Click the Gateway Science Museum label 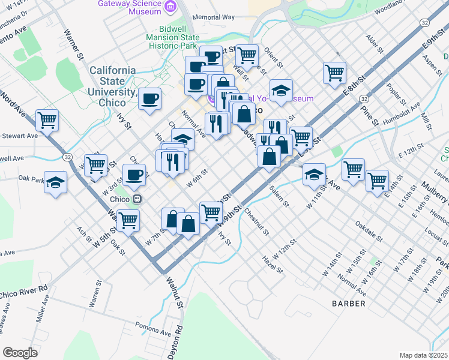[131, 7]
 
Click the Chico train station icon [137, 199]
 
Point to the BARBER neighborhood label [348, 304]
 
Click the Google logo [20, 352]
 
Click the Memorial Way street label [214, 17]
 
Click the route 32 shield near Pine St [364, 98]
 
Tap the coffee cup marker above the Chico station [134, 175]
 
